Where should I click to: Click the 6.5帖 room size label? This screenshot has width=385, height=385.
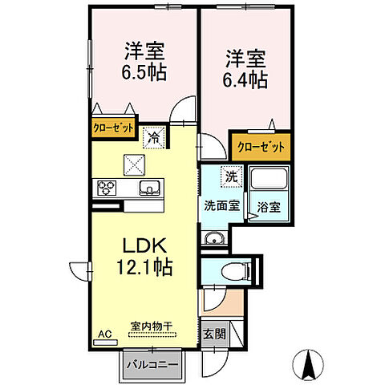point(144,72)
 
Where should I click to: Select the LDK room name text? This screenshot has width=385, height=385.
point(144,245)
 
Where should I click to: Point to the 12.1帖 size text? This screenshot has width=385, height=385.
point(144,266)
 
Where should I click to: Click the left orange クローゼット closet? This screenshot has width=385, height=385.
point(112,128)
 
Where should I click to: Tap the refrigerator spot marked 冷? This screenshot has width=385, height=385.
point(152,137)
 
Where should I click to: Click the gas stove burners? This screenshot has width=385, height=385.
point(107,189)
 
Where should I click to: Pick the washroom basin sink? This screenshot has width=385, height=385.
point(212,237)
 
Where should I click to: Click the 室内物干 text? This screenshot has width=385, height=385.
point(152,326)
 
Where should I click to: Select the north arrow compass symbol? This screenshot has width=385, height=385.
point(309,365)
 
